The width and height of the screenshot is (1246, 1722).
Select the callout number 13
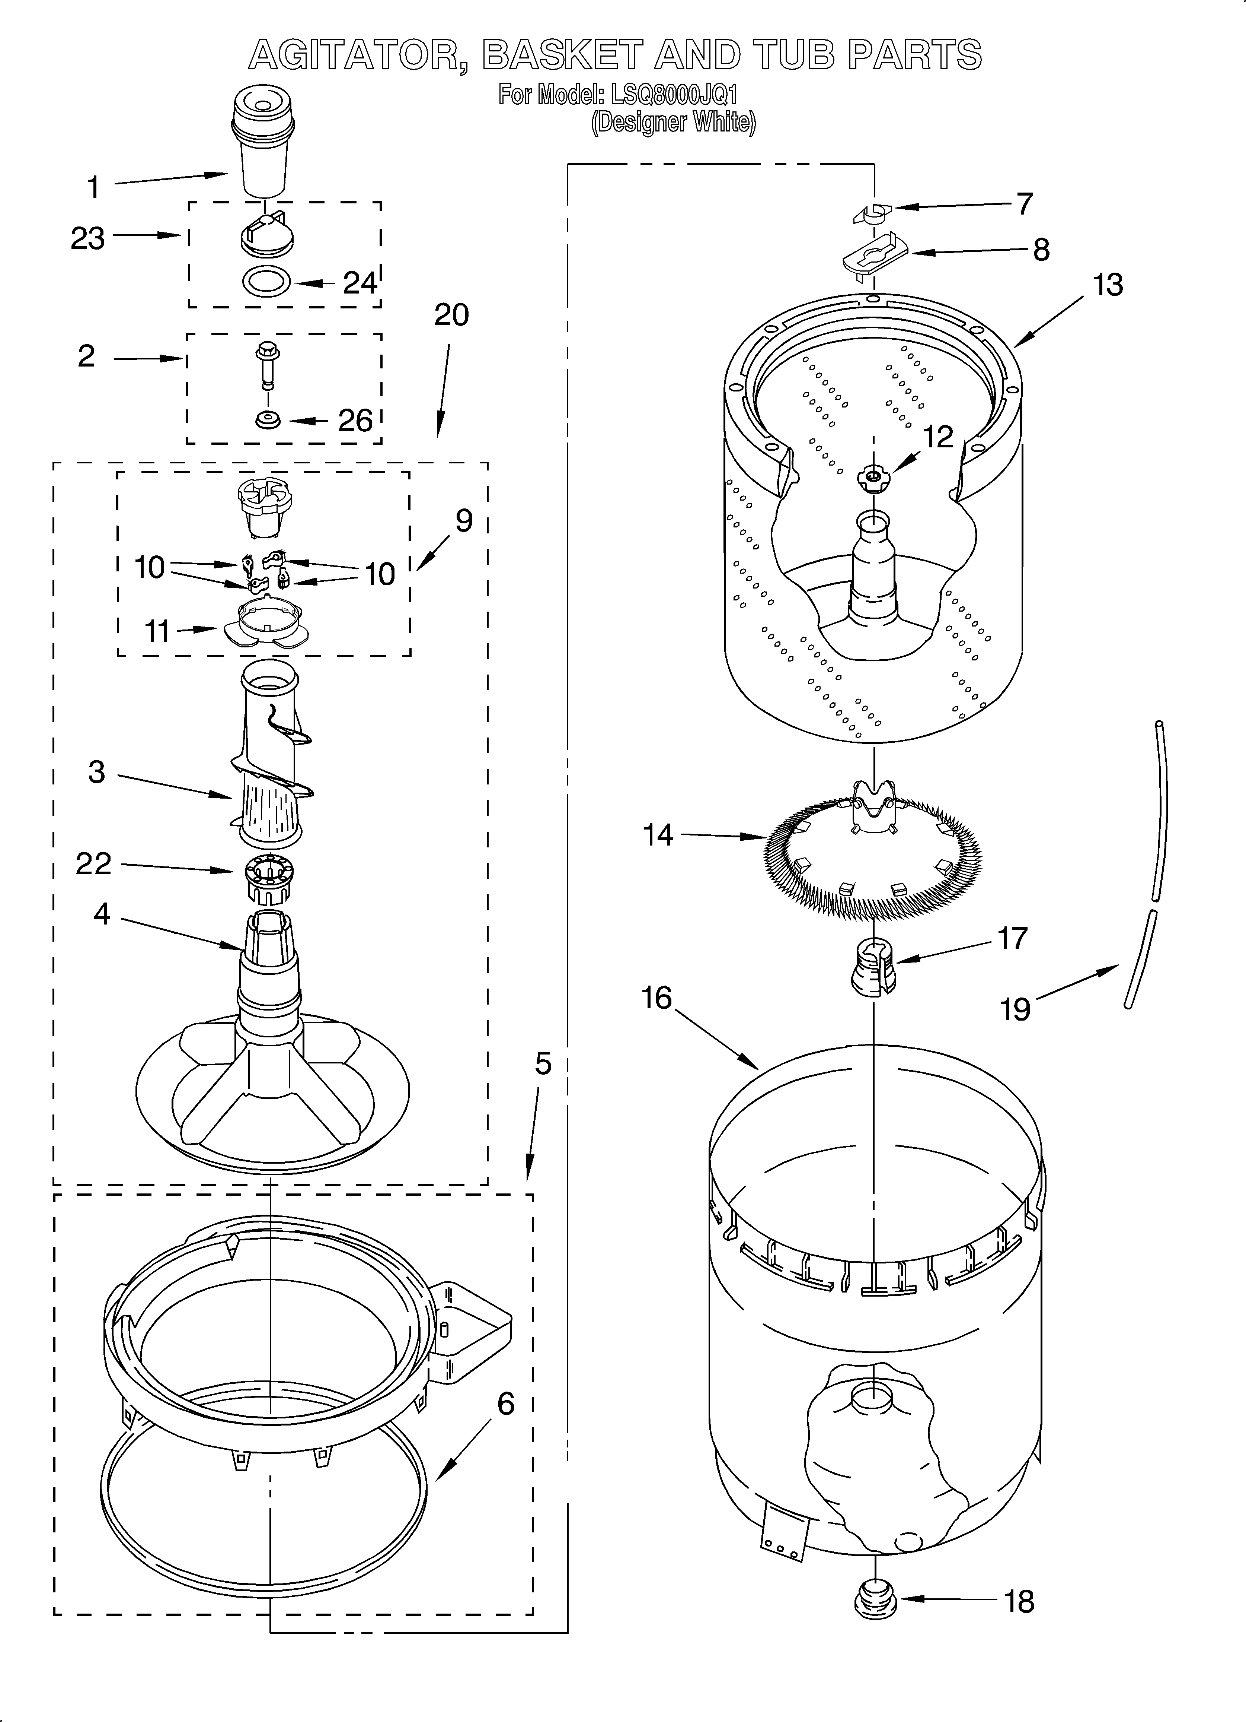point(1108,285)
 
